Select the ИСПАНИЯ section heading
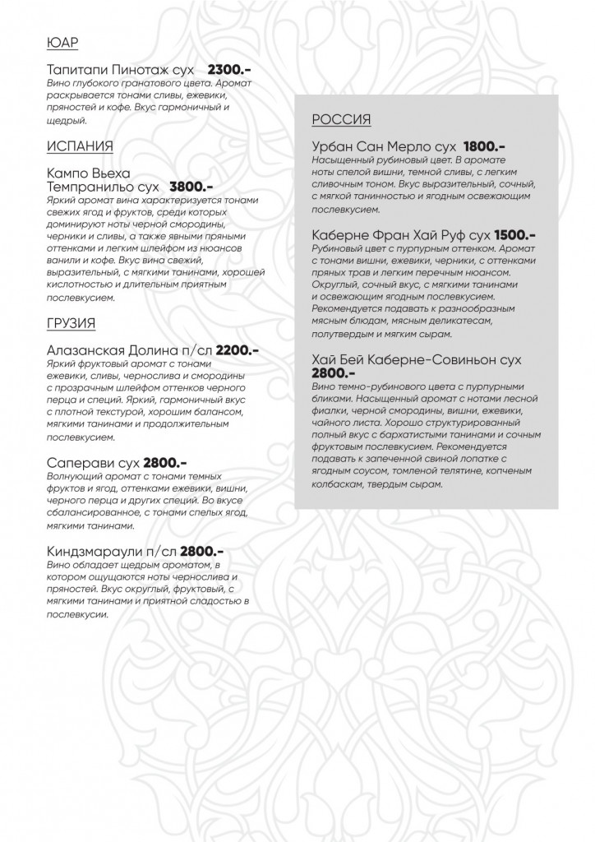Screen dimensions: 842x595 [x=80, y=146]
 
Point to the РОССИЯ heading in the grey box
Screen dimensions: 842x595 [x=341, y=120]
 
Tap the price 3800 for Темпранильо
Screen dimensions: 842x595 [x=191, y=187]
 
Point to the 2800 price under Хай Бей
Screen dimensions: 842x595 [x=334, y=373]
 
